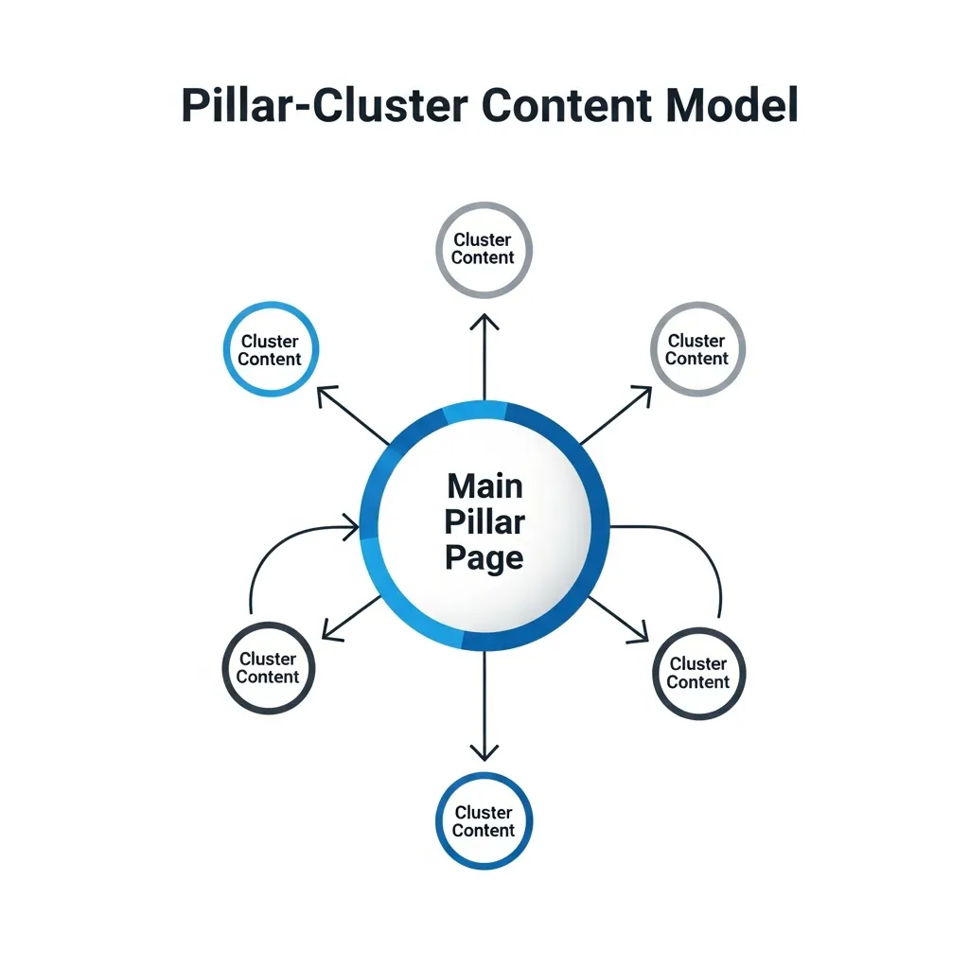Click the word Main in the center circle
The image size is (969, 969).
[x=484, y=486]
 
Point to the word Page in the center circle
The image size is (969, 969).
[x=484, y=558]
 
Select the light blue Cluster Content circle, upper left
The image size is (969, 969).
[x=271, y=349]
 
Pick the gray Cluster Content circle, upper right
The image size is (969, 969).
[x=697, y=349]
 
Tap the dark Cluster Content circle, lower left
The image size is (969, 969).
[x=269, y=668]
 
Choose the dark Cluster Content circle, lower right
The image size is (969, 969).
[x=699, y=673]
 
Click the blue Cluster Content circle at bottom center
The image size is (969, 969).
[x=484, y=821]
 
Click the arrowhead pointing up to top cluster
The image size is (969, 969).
[x=484, y=322]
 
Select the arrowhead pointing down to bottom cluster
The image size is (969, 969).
[x=484, y=752]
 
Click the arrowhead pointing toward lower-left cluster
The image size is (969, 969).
[x=330, y=629]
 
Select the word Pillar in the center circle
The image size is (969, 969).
[x=484, y=522]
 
